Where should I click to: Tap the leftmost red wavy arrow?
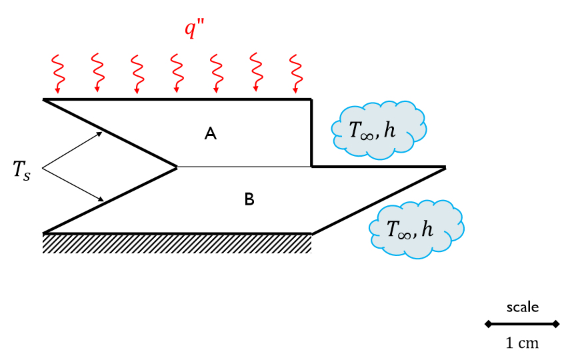tap(57, 73)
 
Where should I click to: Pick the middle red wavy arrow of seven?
tap(177, 73)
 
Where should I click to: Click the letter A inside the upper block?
tap(211, 134)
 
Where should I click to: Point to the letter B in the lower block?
tap(249, 199)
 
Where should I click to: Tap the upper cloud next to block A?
tap(379, 130)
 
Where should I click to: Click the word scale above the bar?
tap(522, 307)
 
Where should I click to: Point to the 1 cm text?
tap(522, 343)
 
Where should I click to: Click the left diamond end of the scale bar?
tap(488, 324)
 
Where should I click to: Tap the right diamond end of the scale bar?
tap(557, 324)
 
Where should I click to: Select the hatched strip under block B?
tap(177, 243)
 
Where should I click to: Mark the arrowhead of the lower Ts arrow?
tap(101, 199)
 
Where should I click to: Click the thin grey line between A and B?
tap(244, 167)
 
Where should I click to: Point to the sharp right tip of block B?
tap(444, 167)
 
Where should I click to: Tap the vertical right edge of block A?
tap(311, 133)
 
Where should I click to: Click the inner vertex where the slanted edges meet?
tap(177, 167)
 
